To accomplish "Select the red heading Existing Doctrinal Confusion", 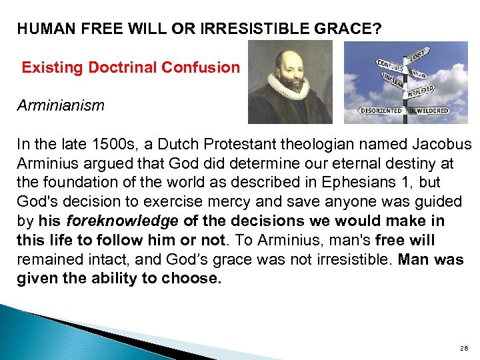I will (130, 67).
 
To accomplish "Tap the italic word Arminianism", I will (61, 105).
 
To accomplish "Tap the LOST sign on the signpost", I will (418, 53).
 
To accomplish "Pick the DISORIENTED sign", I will (381, 110).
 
